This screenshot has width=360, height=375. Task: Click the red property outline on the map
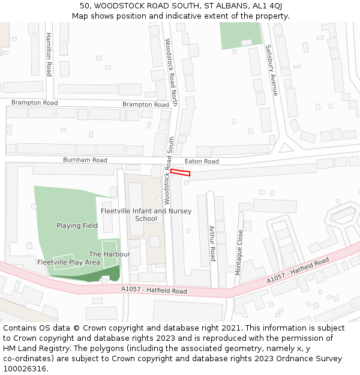tap(180, 173)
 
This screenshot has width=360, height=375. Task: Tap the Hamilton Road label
tap(49, 54)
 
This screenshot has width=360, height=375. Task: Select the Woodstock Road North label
tap(172, 72)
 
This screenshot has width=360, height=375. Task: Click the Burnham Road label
tap(85, 160)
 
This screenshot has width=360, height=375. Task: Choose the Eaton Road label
tap(202, 161)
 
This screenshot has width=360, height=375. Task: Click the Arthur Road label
tap(212, 244)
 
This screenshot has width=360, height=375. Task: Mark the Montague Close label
tap(239, 252)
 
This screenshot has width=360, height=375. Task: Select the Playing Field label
tap(77, 226)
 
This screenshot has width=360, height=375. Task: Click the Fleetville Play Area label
tap(68, 262)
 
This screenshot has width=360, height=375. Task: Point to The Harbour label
tap(110, 254)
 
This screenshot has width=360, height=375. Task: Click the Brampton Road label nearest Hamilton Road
tap(35, 103)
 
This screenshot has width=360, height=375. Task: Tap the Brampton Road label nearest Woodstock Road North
tap(146, 104)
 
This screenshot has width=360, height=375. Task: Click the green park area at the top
tap(240, 35)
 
